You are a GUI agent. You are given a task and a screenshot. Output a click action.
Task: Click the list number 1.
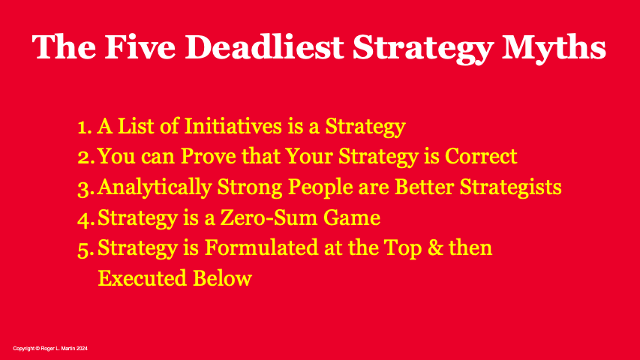pyautogui.click(x=83, y=127)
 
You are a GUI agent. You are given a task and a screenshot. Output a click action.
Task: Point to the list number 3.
pyautogui.click(x=83, y=187)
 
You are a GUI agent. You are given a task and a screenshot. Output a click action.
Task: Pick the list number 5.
pyautogui.click(x=83, y=248)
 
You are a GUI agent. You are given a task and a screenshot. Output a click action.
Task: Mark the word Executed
pyautogui.click(x=140, y=278)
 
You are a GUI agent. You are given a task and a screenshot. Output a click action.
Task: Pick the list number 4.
pyautogui.click(x=83, y=218)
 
